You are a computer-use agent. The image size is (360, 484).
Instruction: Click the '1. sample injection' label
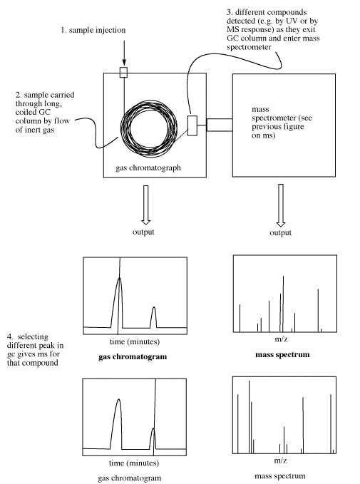pos(93,30)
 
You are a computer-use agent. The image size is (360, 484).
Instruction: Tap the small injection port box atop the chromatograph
pos(123,72)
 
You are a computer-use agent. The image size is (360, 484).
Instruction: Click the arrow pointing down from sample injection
pos(124,53)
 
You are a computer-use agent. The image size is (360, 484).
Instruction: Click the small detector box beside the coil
pos(192,125)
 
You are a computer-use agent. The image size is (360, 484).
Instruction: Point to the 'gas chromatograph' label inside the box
pos(148,168)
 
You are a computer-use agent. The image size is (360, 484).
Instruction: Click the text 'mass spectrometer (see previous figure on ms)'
pos(282,122)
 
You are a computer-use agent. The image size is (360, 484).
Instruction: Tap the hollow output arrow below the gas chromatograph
pos(145,205)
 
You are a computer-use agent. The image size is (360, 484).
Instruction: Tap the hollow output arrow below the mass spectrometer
pos(281,205)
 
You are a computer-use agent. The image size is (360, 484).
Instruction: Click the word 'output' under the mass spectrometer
pos(280,232)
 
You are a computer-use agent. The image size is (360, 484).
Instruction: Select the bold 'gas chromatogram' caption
pos(133,357)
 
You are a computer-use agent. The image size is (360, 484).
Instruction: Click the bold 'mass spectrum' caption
pos(282,355)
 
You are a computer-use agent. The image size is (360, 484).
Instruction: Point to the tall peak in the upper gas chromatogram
pos(117,302)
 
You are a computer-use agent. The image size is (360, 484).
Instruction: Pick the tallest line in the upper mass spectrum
pos(283,304)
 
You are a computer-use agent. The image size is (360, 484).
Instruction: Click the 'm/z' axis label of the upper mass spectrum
pos(282,339)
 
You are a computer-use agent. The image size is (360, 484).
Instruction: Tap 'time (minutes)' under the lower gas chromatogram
pos(134,463)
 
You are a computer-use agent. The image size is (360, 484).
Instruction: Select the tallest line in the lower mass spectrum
pos(250,417)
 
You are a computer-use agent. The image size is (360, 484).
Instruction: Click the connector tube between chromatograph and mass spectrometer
pos(220,125)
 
